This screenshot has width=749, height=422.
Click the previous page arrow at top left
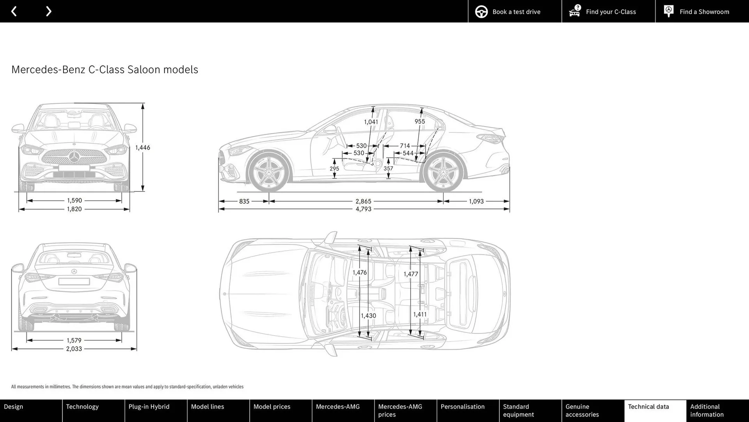click(14, 11)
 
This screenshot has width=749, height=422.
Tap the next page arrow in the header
click(48, 11)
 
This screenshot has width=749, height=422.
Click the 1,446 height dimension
click(143, 147)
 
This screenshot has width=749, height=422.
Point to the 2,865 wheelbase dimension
click(363, 201)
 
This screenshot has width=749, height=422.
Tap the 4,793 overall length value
click(363, 209)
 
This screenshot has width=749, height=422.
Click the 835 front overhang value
click(244, 201)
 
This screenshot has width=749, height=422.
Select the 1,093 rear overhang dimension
click(476, 201)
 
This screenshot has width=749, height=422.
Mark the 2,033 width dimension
click(74, 349)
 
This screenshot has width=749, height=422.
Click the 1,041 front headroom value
click(371, 122)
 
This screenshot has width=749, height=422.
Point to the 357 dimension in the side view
click(388, 168)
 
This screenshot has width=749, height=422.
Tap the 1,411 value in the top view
click(420, 314)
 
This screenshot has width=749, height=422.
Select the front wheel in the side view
click(269, 172)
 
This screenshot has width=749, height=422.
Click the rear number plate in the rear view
click(74, 281)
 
